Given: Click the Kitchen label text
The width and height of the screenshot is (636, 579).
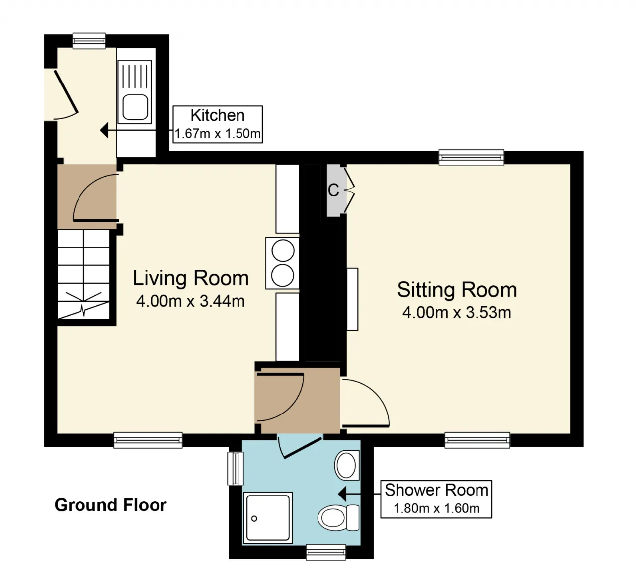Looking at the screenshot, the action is (x=218, y=115).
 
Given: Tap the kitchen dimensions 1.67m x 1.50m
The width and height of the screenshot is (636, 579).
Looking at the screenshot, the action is (x=218, y=134).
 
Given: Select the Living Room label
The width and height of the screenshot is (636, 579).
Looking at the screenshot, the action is (x=190, y=278).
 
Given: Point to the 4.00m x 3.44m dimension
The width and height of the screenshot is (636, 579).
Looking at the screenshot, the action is (x=190, y=301).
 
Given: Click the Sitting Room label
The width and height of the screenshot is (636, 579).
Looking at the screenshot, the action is (x=457, y=290).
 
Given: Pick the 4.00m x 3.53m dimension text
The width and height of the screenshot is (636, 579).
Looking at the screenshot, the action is (x=457, y=313).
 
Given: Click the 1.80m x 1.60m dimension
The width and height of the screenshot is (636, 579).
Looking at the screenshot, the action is (x=437, y=508).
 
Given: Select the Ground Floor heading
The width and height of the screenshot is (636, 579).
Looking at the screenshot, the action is (x=111, y=505).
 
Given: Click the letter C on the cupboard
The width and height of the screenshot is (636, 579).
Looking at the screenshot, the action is (x=333, y=190).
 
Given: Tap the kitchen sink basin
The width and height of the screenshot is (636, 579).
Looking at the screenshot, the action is (x=135, y=107).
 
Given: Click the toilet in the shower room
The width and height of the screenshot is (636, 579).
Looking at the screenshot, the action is (x=338, y=517).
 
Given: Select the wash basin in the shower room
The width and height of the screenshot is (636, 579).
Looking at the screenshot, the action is (x=347, y=465).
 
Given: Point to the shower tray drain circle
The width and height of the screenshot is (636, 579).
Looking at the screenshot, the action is (x=254, y=519).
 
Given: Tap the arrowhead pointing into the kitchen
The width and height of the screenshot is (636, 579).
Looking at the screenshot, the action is (x=104, y=130).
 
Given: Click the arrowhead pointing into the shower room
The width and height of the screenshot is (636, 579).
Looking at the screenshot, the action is (x=342, y=494).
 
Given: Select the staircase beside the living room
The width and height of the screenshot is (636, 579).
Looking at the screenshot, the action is (x=83, y=274).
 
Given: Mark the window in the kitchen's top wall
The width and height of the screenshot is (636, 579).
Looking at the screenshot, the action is (x=89, y=41).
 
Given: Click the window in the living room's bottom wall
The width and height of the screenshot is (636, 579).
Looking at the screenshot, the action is (x=148, y=440).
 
